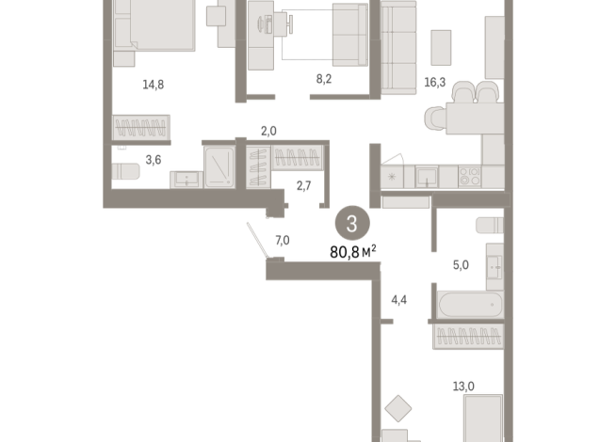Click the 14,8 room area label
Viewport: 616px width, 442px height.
153,84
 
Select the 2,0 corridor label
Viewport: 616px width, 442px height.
269,133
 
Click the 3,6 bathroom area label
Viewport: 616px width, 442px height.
125,160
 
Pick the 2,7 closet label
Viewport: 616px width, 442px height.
304,186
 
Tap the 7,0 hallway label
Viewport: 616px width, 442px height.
282,241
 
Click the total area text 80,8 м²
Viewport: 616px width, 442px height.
353,251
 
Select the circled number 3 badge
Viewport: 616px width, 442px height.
352,224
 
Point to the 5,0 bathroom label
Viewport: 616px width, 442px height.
461,265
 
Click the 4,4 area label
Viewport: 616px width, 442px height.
399,301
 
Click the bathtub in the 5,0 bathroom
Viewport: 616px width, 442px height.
468,305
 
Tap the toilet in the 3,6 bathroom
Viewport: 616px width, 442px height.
125,171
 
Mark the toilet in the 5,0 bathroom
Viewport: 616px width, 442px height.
490,227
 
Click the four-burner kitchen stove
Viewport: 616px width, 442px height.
467,176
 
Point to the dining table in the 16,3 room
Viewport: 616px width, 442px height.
462,120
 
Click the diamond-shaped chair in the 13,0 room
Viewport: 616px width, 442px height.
399,408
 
